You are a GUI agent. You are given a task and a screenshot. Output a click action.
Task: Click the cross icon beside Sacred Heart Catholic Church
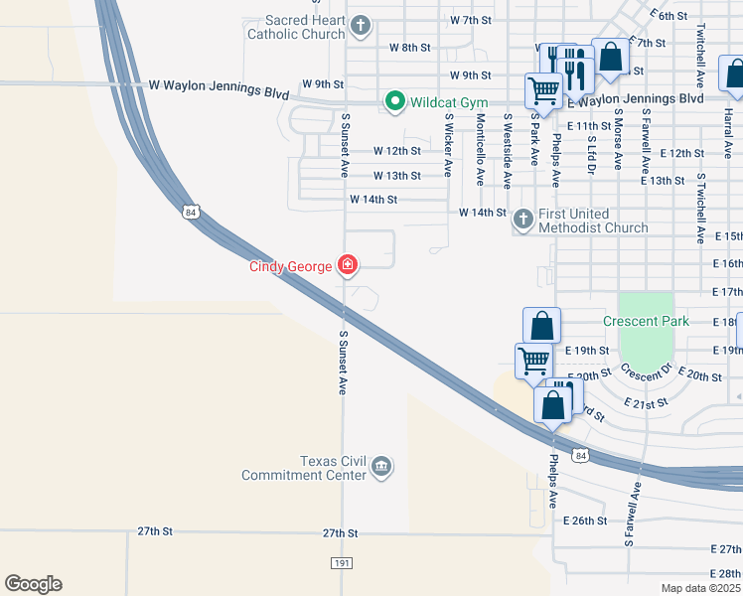[361, 24]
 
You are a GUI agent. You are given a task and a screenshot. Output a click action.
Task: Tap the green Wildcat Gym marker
[394, 101]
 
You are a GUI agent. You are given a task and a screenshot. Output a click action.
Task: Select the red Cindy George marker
[348, 264]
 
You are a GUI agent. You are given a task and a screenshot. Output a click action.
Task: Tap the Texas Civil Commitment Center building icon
[380, 467]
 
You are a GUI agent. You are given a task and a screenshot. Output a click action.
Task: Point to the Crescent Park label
[646, 321]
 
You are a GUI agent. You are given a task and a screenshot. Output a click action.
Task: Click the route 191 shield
[341, 563]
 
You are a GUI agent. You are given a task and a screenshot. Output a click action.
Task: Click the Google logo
[33, 584]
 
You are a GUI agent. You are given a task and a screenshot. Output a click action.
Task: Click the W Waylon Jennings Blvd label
[218, 89]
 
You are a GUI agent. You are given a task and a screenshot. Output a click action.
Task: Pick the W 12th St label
[397, 151]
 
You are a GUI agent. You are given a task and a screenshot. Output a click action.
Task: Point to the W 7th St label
[471, 20]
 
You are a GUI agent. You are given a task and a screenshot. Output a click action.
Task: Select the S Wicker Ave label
[449, 145]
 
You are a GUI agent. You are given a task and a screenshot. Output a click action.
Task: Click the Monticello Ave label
[480, 149]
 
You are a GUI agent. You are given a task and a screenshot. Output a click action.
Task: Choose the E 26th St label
[584, 521]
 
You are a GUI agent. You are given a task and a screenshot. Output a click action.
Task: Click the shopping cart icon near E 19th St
[533, 361]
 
